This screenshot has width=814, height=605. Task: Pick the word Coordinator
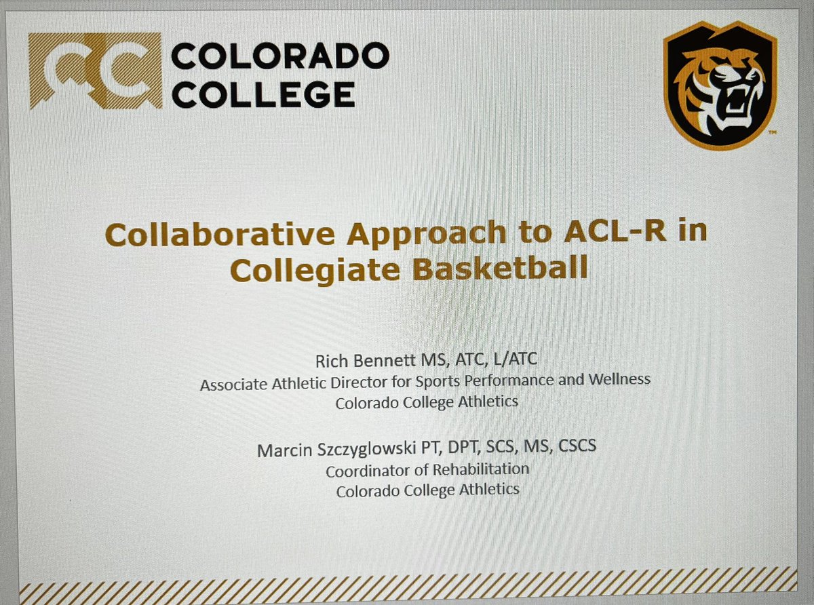click(x=369, y=470)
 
